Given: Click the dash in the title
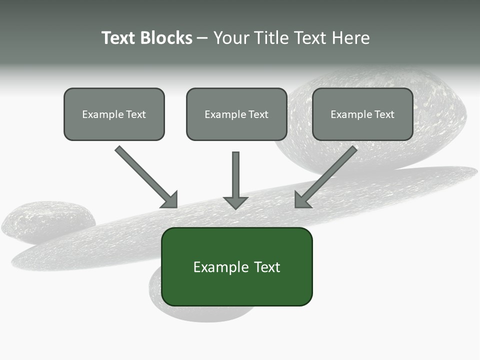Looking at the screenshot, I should pos(202,38).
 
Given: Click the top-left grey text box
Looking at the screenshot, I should pos(114,114).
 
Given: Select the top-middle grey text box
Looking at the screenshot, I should pos(236,114).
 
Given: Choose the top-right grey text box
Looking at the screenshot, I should pos(362,114).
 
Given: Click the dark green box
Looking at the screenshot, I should pos(236,266).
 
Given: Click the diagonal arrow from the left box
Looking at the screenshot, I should pos(145,176).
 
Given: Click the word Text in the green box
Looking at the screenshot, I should pos(267,267).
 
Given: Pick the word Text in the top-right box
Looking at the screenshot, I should pos(384,114).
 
